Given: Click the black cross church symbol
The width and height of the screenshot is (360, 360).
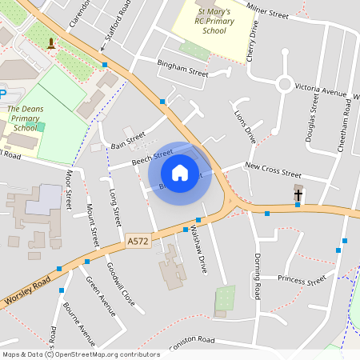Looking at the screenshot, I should coord(298,194).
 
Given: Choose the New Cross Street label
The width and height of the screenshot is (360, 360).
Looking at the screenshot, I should coord(273,170).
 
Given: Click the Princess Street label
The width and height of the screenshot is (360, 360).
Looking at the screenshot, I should coord(302,280).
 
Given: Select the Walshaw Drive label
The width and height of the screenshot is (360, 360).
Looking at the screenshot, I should coord(202,254).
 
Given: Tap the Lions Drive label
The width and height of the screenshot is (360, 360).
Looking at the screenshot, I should coord(244,124).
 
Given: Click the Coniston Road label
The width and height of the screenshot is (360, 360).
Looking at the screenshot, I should coord(191,339).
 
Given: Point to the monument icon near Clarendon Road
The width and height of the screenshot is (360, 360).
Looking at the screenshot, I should coord(52,42).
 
